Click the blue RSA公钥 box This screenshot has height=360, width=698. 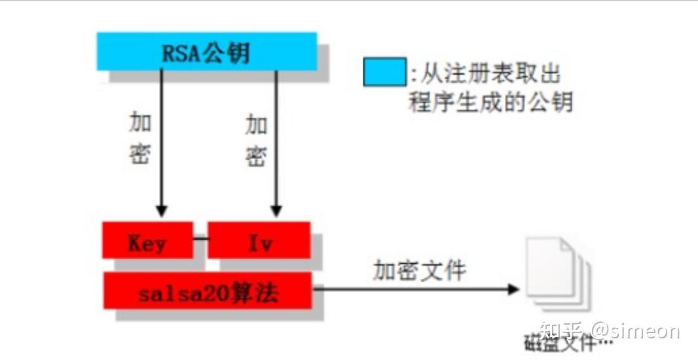(207, 52)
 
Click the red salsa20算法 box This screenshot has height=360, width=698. (208, 291)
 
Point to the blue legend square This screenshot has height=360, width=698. (384, 72)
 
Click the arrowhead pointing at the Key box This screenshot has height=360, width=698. (161, 211)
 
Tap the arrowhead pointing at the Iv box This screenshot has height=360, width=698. (276, 211)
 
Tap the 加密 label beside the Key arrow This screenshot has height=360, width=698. (139, 137)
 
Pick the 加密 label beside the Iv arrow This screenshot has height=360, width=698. (256, 138)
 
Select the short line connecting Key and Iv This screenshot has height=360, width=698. (199, 239)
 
